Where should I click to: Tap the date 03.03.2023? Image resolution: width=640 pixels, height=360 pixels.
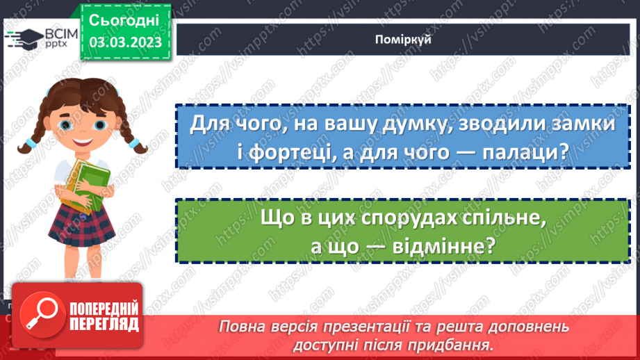point(125,42)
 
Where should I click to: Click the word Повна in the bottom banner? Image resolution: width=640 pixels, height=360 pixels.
point(244,327)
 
